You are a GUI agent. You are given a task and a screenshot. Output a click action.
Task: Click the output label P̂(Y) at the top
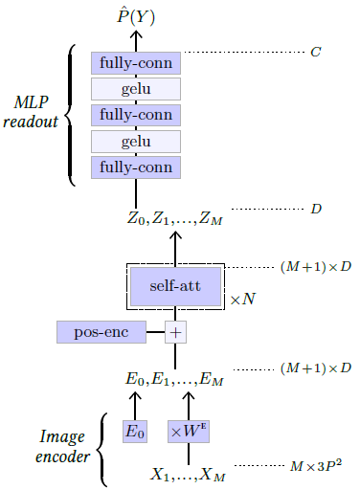135,16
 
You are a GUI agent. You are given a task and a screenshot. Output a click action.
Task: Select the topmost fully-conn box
135,63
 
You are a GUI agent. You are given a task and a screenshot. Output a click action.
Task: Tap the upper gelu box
135,89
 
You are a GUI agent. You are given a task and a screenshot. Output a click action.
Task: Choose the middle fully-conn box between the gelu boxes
135,115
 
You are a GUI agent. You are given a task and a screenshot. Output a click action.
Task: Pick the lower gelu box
135,141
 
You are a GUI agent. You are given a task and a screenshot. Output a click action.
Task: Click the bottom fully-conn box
135,167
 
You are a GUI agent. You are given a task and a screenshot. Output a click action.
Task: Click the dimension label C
315,50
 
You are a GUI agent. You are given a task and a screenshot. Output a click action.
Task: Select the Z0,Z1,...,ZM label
176,219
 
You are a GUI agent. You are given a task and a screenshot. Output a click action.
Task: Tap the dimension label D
315,208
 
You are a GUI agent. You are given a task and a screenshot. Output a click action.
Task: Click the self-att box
175,285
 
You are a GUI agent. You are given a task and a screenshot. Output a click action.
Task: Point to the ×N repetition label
241,300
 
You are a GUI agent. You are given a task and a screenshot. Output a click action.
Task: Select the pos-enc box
101,332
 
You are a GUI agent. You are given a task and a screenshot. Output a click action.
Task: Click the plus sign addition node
175,332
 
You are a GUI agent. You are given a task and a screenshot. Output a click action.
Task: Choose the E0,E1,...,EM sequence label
174,381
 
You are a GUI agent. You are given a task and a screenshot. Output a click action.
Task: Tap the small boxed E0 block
135,432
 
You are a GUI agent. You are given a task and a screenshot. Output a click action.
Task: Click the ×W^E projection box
188,432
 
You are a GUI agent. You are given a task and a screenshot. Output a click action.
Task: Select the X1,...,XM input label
188,474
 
